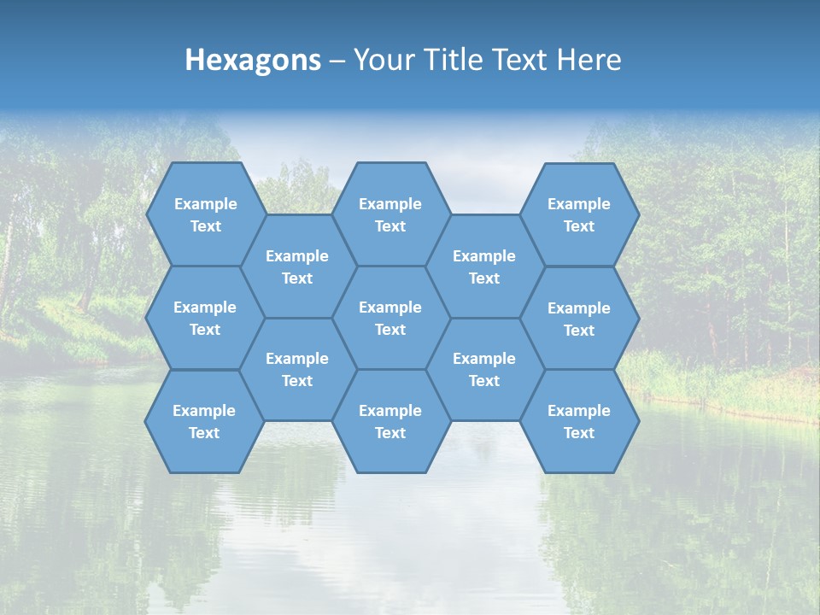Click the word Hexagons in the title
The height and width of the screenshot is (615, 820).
click(253, 60)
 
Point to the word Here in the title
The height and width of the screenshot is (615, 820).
click(589, 60)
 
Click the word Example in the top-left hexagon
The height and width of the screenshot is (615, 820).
click(205, 204)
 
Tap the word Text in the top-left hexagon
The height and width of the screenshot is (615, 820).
click(205, 226)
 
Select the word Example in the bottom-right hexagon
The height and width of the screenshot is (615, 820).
click(578, 411)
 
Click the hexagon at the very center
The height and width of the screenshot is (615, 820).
click(390, 318)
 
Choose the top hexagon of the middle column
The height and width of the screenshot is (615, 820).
click(390, 214)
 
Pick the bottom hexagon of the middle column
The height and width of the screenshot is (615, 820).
click(390, 421)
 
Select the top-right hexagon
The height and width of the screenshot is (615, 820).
click(579, 214)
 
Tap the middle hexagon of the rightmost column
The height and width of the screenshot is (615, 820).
click(579, 319)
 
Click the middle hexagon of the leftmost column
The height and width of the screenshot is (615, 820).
click(205, 318)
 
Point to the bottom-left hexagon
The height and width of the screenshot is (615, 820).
click(204, 421)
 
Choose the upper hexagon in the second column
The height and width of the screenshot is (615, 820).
click(297, 266)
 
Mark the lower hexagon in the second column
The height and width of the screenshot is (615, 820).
click(297, 369)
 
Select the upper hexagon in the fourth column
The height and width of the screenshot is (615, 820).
click(484, 266)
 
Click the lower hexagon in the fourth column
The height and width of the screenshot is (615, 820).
click(484, 369)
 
